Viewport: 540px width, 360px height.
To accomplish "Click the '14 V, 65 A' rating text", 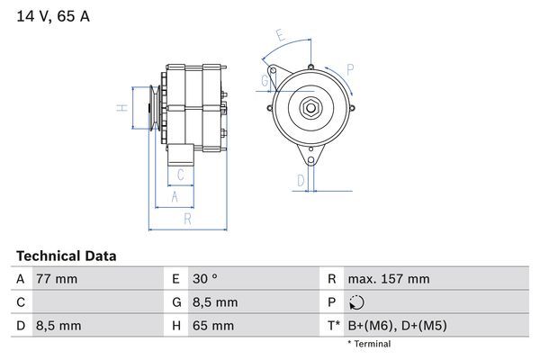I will [x=53, y=16].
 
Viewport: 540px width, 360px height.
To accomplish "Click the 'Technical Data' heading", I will [x=66, y=256].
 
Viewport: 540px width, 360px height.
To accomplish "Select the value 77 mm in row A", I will [x=56, y=279].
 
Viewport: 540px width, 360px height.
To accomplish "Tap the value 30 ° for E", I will [x=206, y=279].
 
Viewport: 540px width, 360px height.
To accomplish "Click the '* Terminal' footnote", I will [x=369, y=344].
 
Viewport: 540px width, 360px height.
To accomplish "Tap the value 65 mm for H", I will [x=213, y=325].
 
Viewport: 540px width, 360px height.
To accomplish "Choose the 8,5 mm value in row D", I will [x=58, y=325].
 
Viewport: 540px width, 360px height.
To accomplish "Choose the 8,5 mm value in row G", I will [x=215, y=302].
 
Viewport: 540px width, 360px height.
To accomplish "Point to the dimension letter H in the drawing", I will [x=121, y=108].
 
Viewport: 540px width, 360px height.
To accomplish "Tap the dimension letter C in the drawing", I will [x=181, y=174].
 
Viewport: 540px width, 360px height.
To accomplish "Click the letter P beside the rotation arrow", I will [x=349, y=68].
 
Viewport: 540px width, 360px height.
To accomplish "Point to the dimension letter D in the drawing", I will [x=300, y=180].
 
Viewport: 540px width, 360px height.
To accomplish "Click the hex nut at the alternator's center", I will [x=309, y=108].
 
